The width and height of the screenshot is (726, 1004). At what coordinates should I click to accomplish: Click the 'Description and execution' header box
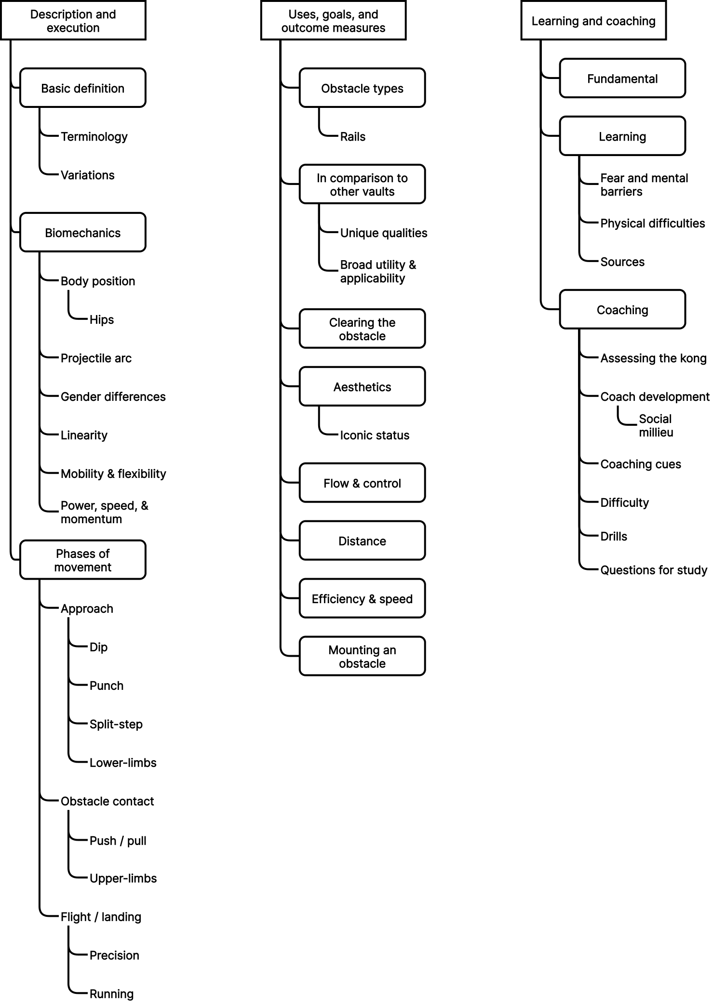click(73, 21)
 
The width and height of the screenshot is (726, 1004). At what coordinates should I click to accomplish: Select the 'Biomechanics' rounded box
click(82, 233)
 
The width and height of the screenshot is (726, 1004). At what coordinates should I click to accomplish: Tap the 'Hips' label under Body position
click(101, 320)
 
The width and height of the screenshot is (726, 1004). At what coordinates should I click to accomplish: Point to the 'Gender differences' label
click(113, 397)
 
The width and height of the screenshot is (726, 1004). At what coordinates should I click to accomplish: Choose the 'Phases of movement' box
click(82, 560)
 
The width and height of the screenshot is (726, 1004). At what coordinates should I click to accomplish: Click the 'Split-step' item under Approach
click(116, 725)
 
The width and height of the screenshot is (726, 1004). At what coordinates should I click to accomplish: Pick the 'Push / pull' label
click(118, 841)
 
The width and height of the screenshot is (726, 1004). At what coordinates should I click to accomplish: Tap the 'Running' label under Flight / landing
click(111, 994)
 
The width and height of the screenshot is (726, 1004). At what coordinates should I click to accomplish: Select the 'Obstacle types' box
click(362, 88)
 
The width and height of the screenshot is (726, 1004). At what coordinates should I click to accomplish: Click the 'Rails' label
click(352, 137)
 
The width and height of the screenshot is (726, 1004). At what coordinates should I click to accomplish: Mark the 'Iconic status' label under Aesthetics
click(375, 436)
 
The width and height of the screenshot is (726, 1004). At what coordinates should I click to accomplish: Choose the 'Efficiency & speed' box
click(362, 599)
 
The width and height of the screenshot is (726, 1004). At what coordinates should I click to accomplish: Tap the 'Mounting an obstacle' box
click(362, 657)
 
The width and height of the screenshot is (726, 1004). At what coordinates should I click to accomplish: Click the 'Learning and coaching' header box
click(593, 21)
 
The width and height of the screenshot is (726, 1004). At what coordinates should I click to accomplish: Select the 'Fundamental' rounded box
click(622, 79)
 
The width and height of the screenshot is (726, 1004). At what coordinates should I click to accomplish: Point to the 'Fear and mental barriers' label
click(644, 185)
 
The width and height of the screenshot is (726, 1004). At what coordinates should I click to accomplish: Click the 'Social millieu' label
click(656, 426)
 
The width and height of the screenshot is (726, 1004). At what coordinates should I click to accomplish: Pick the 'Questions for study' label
click(653, 570)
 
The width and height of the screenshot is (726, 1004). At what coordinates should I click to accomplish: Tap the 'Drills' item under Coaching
click(613, 537)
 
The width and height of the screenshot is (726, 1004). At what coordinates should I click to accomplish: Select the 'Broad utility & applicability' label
click(377, 272)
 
